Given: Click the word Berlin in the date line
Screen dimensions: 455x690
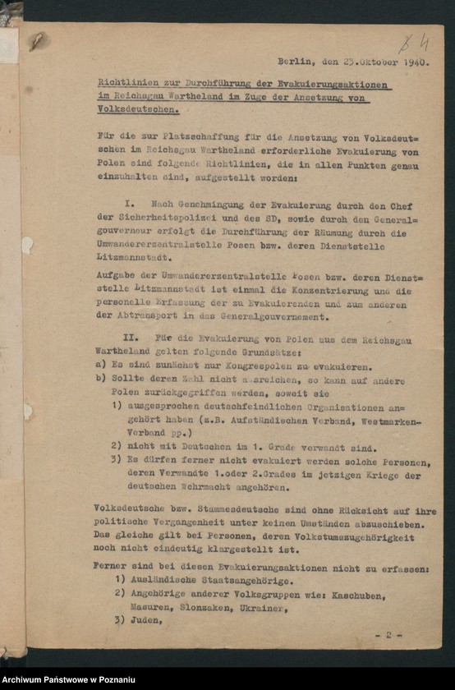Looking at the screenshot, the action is pos(292,61).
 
